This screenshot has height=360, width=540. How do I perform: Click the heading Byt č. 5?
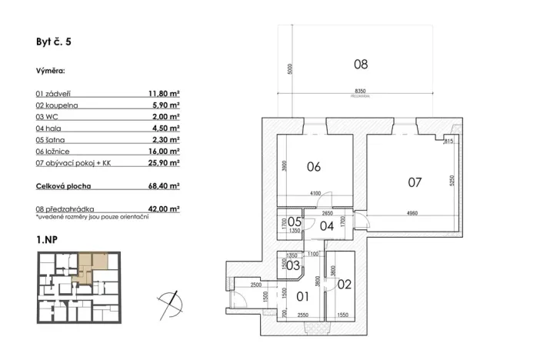pyautogui.click(x=54, y=44)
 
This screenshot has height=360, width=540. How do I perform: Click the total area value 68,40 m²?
pyautogui.click(x=163, y=185)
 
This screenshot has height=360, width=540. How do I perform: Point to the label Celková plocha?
pyautogui.click(x=66, y=185)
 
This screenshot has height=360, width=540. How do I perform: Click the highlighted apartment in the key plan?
pyautogui.click(x=92, y=268)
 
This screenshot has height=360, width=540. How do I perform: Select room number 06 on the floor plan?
pyautogui.click(x=314, y=166)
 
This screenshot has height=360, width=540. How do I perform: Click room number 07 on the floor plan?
pyautogui.click(x=415, y=182)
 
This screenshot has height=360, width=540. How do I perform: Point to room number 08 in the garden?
pyautogui.click(x=360, y=65)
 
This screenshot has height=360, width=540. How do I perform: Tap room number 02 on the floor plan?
pyautogui.click(x=343, y=284)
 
